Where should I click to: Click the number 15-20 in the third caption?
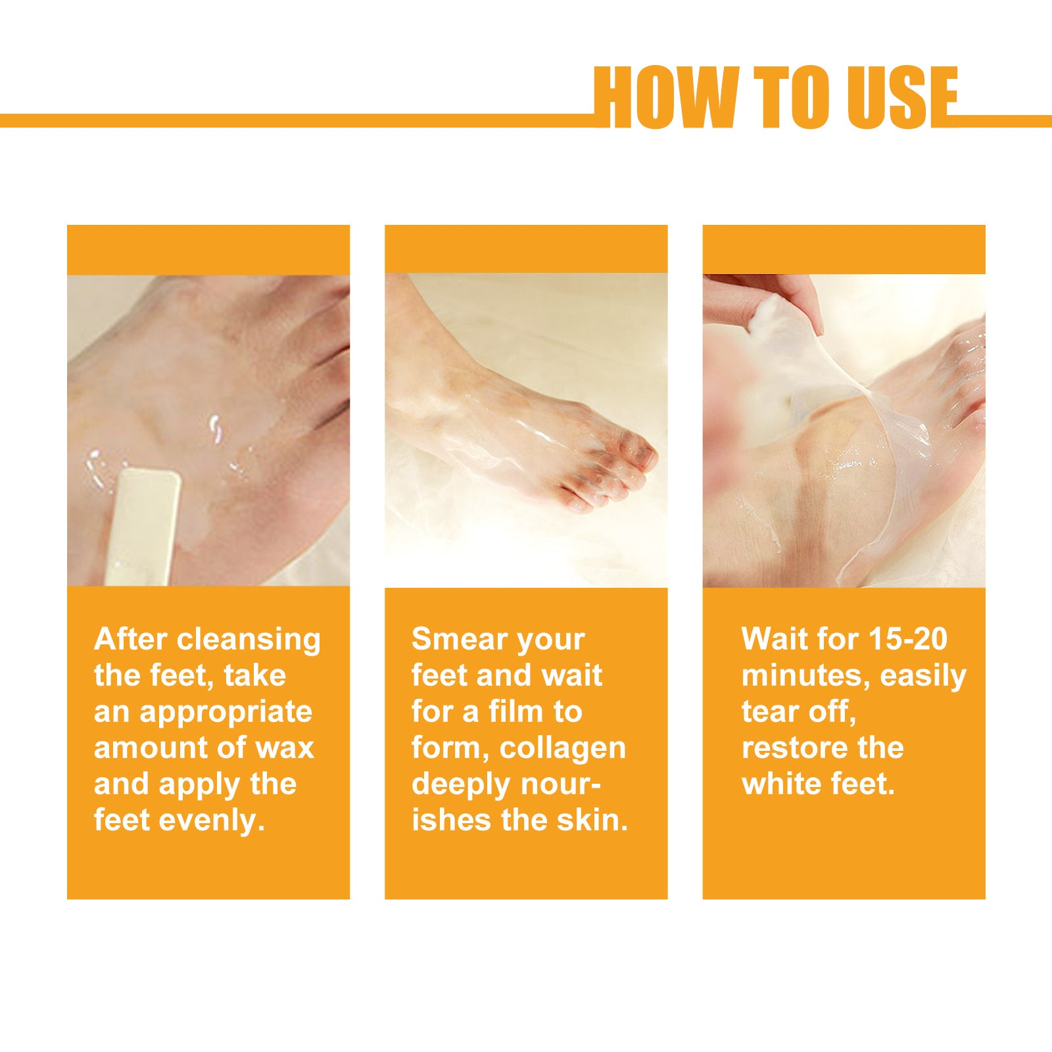pos(907,639)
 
